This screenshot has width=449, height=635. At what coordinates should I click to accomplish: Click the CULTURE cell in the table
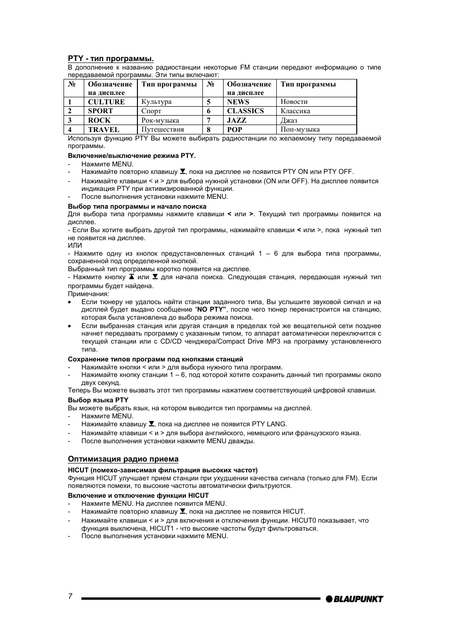(106, 102)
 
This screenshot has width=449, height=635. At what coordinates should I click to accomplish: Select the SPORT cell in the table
(100, 111)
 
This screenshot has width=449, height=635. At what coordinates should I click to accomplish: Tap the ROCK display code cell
(99, 120)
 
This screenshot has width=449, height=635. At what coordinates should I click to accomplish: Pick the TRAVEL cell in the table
(104, 130)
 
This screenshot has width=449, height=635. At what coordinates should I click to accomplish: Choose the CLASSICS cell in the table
(245, 111)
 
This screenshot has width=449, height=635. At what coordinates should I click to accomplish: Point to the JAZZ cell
(237, 120)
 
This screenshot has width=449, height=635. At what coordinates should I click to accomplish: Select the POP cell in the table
(234, 130)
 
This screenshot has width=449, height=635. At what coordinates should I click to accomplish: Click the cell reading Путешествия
(163, 130)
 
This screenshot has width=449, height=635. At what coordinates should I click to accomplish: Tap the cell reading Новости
(294, 102)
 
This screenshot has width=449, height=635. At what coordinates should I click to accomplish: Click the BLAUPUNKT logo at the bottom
(354, 599)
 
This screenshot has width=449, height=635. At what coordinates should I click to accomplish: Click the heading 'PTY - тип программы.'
(111, 59)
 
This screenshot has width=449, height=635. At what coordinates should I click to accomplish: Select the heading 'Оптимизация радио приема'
(123, 459)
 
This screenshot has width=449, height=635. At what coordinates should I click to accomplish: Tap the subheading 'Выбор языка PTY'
(98, 400)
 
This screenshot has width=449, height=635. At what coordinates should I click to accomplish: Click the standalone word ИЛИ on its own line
(75, 245)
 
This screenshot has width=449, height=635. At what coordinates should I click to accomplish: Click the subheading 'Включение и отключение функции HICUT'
(138, 495)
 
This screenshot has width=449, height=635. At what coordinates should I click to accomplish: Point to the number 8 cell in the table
(208, 130)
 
